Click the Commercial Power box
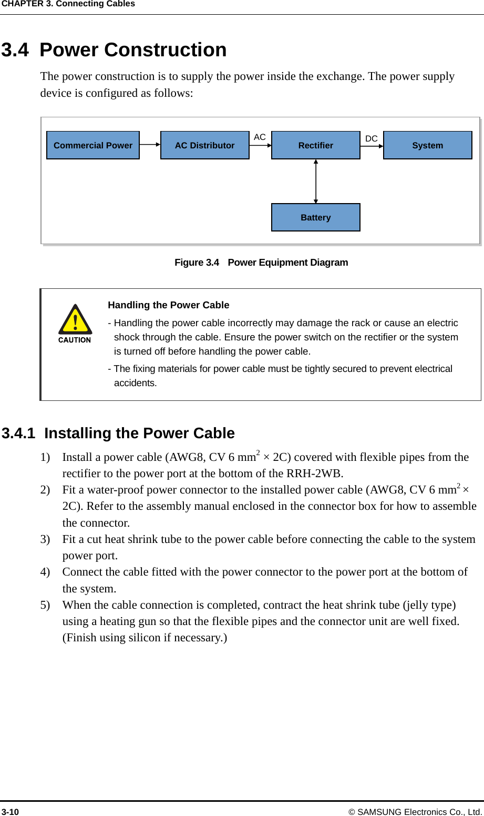(93, 145)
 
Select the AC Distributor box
(204, 145)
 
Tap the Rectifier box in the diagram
(315, 145)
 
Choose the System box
(427, 145)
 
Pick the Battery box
(315, 217)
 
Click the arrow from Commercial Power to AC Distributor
(150, 145)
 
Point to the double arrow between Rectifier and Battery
(316, 181)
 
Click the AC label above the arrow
(260, 137)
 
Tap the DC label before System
(371, 138)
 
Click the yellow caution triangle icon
(75, 320)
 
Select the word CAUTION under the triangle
(75, 340)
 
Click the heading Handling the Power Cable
(168, 305)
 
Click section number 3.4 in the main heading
(15, 50)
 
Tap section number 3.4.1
(18, 434)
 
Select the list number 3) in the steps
(45, 539)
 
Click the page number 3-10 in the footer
(10, 812)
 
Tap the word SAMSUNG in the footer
(379, 812)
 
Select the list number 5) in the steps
(45, 605)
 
